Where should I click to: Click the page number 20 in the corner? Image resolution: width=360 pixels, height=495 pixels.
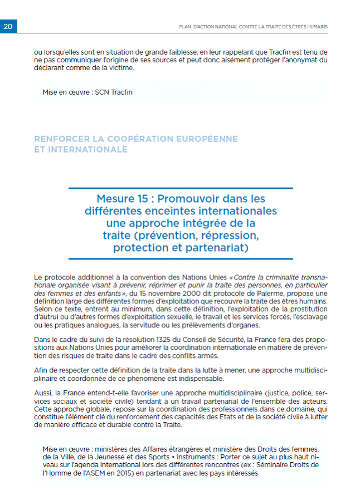click(8, 26)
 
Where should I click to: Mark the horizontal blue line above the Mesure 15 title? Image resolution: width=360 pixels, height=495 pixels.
click(181, 188)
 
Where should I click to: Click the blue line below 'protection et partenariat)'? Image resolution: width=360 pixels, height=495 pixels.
click(181, 258)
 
